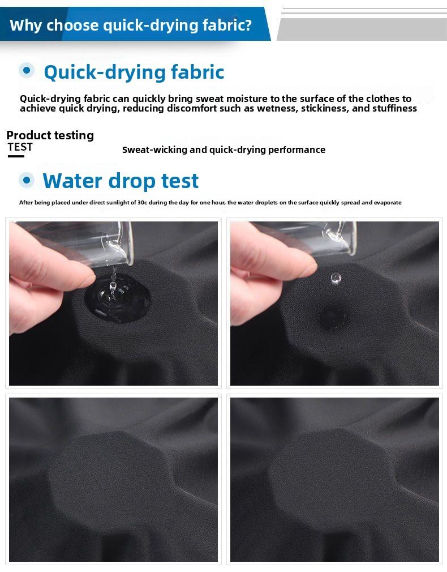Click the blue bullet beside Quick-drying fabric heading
click(x=27, y=70)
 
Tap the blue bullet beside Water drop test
click(x=27, y=180)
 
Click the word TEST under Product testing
click(x=20, y=147)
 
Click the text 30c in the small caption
click(x=142, y=202)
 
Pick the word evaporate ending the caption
click(x=388, y=202)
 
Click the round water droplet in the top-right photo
click(x=336, y=278)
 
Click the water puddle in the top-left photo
click(x=117, y=297)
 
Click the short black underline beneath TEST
click(x=16, y=156)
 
